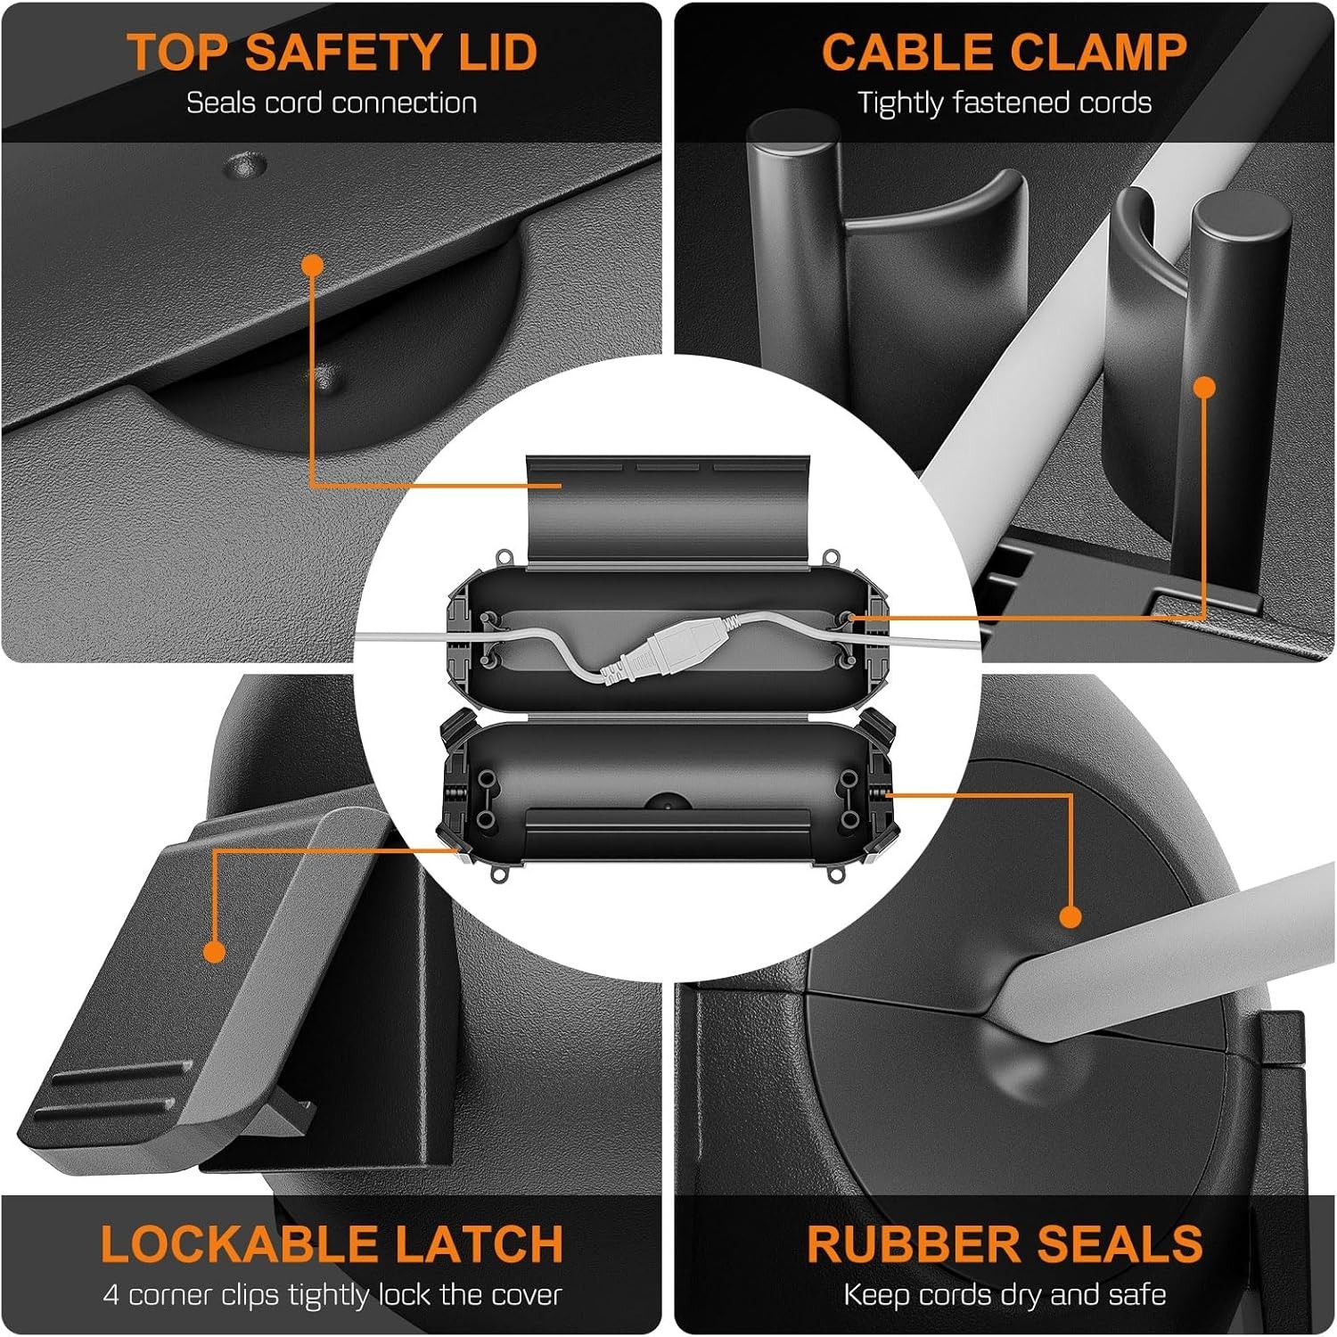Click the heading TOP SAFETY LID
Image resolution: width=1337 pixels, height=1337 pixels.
[332, 51]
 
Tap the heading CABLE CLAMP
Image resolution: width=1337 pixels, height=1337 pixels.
[1005, 51]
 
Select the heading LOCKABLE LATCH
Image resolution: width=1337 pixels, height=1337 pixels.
[332, 1243]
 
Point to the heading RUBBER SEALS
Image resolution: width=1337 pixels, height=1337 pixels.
[1005, 1243]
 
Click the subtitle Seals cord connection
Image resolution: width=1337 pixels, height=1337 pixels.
[332, 103]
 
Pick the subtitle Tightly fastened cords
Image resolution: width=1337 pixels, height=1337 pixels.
[1005, 103]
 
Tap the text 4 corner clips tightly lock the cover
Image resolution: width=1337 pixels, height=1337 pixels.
[332, 1294]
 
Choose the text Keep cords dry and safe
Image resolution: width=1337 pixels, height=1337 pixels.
[1005, 1294]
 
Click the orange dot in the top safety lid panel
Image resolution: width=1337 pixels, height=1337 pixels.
[312, 265]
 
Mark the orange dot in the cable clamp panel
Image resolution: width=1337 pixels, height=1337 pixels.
[1204, 387]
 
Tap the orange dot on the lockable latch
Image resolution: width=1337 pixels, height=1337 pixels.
[214, 951]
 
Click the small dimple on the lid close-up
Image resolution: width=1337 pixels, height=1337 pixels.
[245, 163]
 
